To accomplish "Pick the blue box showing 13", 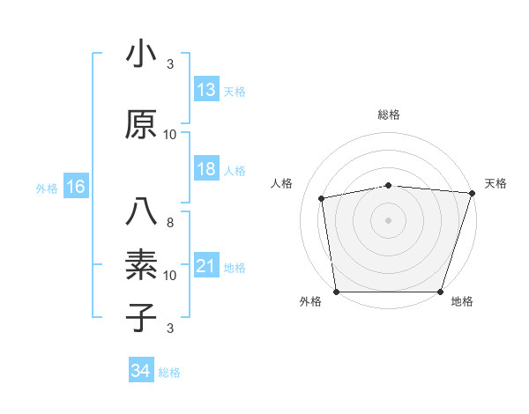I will tap(206, 89).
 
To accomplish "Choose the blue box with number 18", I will tap(206, 169).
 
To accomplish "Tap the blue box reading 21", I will tap(206, 266).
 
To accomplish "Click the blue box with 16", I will tap(75, 187).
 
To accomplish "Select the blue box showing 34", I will tap(141, 371).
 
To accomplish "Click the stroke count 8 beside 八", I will tap(170, 223).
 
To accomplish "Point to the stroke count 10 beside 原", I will tap(170, 135).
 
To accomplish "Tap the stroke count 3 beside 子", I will tap(170, 329).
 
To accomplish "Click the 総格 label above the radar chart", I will tap(389, 115).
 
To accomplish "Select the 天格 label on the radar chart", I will tap(495, 183).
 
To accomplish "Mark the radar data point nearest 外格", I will tap(336, 292).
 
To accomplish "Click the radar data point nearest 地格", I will tap(441, 292).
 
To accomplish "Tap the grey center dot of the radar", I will tap(389, 219).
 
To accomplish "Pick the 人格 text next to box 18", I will tap(235, 171).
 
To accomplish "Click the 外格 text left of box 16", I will tap(47, 188).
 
